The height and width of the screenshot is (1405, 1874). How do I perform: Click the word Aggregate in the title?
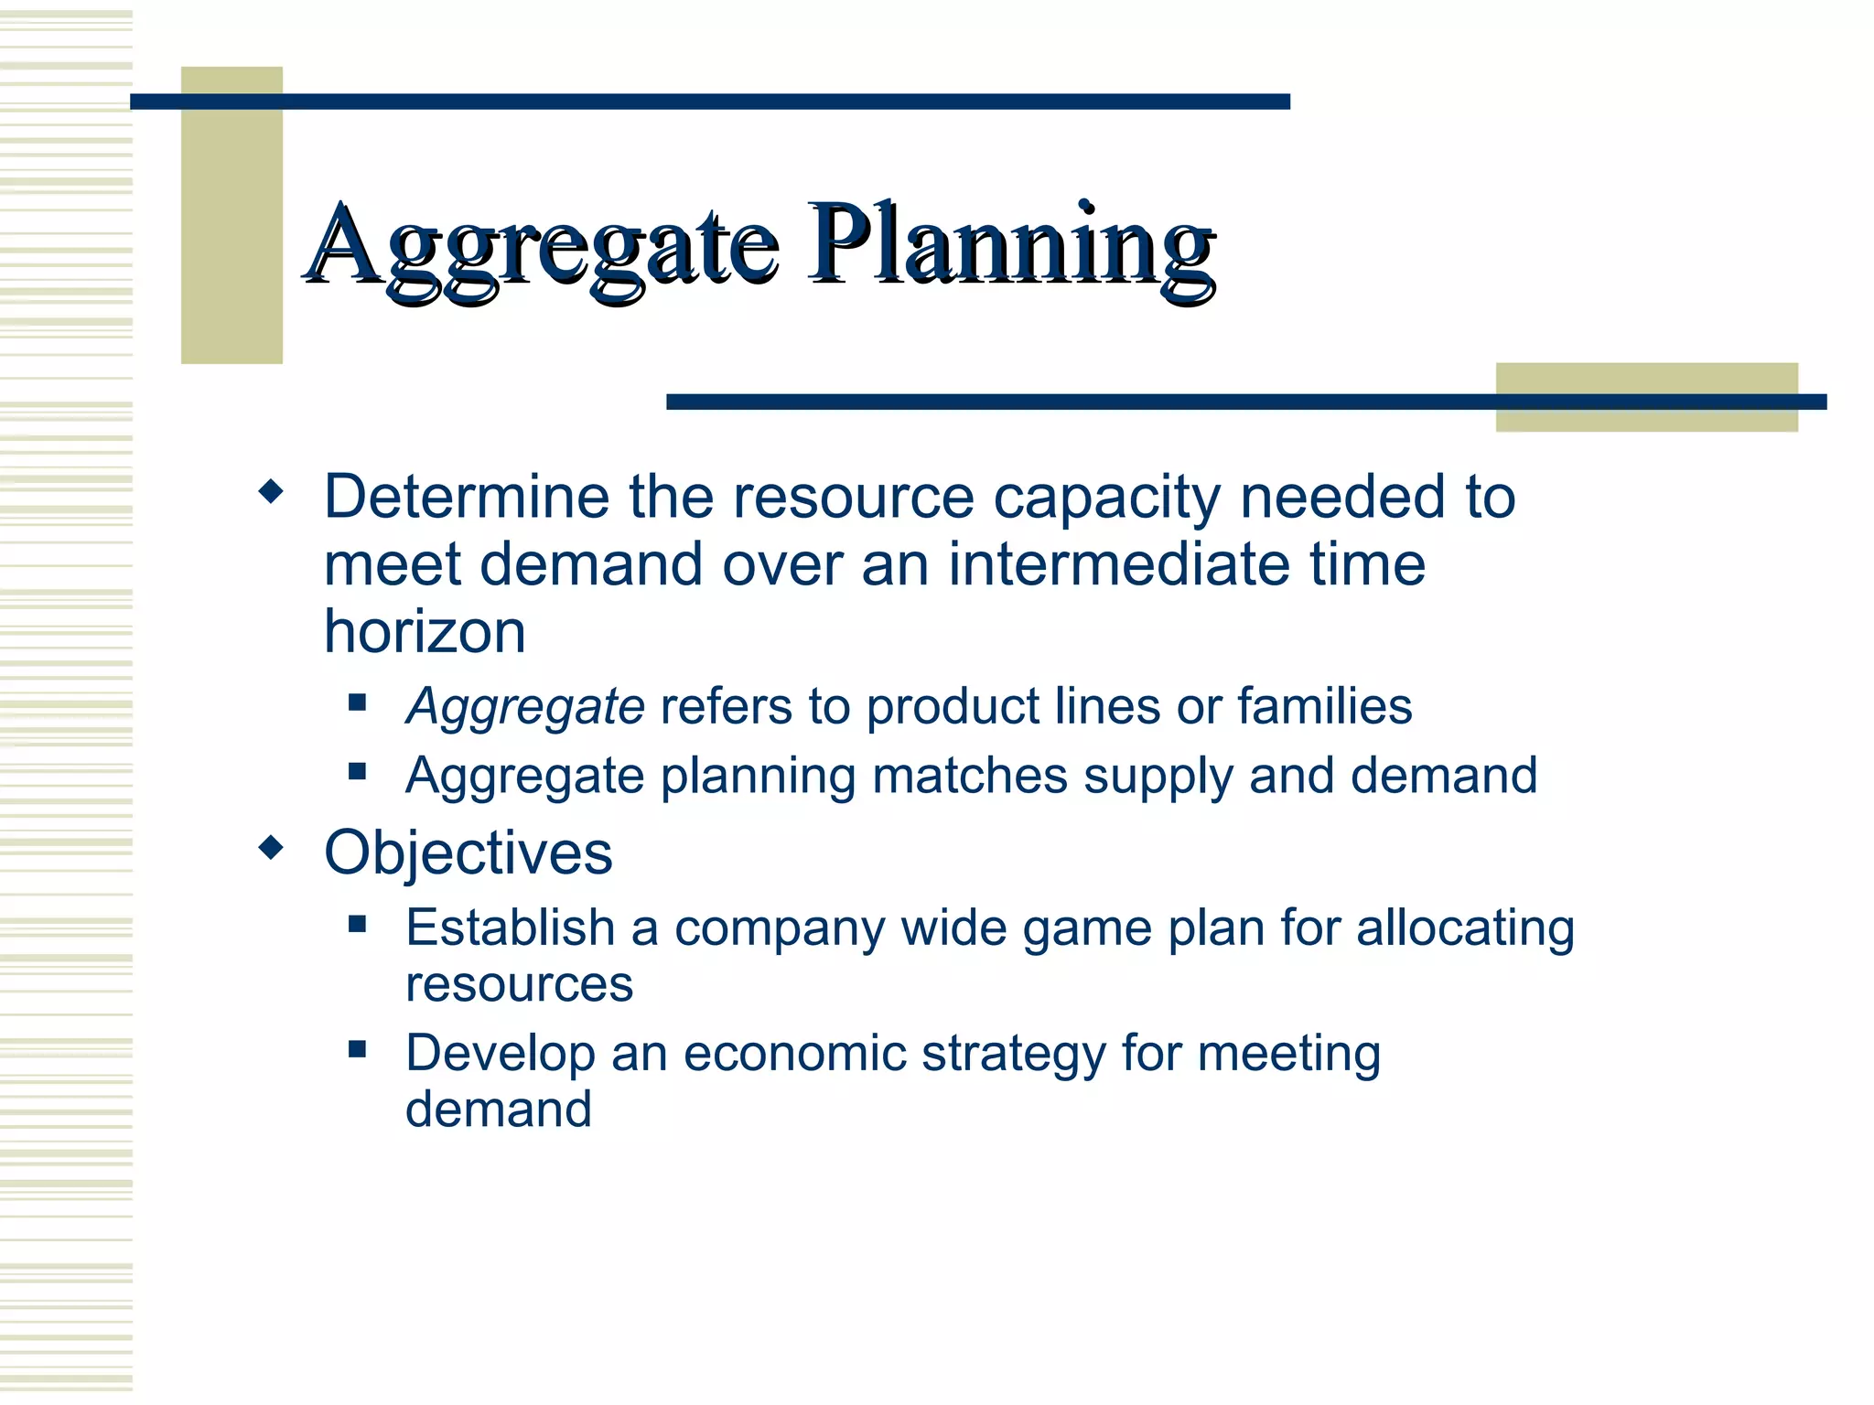[x=542, y=245]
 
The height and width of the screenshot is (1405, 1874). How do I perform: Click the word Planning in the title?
[x=1010, y=245]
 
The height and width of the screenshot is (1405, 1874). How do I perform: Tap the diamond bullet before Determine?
[x=271, y=493]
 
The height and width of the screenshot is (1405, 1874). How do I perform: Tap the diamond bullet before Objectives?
[x=271, y=848]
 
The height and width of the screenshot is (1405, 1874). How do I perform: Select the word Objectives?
[x=468, y=853]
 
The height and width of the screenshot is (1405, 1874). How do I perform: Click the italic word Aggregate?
[x=525, y=707]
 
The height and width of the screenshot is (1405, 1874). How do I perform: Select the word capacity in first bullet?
[x=1106, y=498]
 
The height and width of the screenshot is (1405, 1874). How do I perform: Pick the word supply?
[x=1158, y=777]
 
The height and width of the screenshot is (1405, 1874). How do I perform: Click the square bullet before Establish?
[x=358, y=924]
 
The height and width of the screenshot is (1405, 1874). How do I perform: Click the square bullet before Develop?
[x=358, y=1049]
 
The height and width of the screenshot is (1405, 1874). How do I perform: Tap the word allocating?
[x=1464, y=928]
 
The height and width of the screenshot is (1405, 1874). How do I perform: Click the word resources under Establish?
[x=519, y=985]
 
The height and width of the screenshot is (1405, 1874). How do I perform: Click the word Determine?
[x=467, y=498]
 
